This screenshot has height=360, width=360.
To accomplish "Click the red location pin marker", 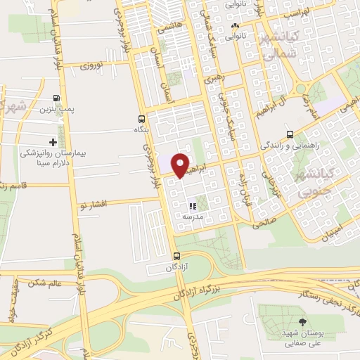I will pos(181,165).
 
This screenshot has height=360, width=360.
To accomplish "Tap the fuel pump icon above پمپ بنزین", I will pos(56,99).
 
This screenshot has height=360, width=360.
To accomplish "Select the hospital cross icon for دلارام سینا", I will pos(53,142).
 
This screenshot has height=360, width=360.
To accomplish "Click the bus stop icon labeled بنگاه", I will pos(142,119).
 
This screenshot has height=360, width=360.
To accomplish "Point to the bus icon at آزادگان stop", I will pos(176,257).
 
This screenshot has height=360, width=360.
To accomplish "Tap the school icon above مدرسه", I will pos(192,207).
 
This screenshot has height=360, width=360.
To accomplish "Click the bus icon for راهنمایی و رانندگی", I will pos(290,134).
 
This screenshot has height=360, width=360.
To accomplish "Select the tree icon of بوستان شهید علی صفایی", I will pos(302,322).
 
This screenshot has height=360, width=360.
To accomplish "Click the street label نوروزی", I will pos(91,66).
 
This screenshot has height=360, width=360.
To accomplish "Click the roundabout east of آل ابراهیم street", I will pos(303,89).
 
